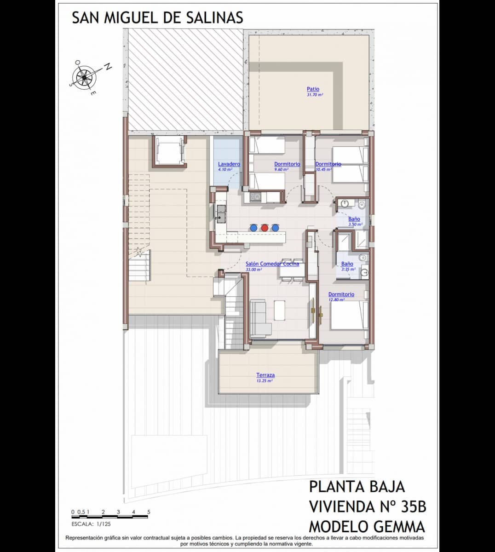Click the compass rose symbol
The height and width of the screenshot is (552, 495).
[85, 76]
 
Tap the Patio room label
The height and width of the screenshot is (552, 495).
[313, 89]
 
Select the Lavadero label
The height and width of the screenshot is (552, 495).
[229, 164]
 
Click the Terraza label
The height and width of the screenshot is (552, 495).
[265, 375]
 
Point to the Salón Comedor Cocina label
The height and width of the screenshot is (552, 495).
[272, 264]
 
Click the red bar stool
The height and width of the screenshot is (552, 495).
[265, 227]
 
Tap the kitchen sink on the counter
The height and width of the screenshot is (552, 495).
[222, 213]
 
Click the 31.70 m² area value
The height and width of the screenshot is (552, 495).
[315, 95]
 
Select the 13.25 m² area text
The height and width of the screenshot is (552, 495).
[265, 381]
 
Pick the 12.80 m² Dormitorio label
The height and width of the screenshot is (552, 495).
[341, 294]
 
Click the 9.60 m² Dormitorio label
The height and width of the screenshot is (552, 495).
[287, 164]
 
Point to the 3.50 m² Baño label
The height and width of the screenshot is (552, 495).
[354, 219]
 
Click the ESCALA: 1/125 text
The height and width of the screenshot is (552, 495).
[91, 523]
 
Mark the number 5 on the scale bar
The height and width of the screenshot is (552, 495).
[149, 512]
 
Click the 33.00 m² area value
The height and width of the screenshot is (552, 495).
[253, 270]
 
